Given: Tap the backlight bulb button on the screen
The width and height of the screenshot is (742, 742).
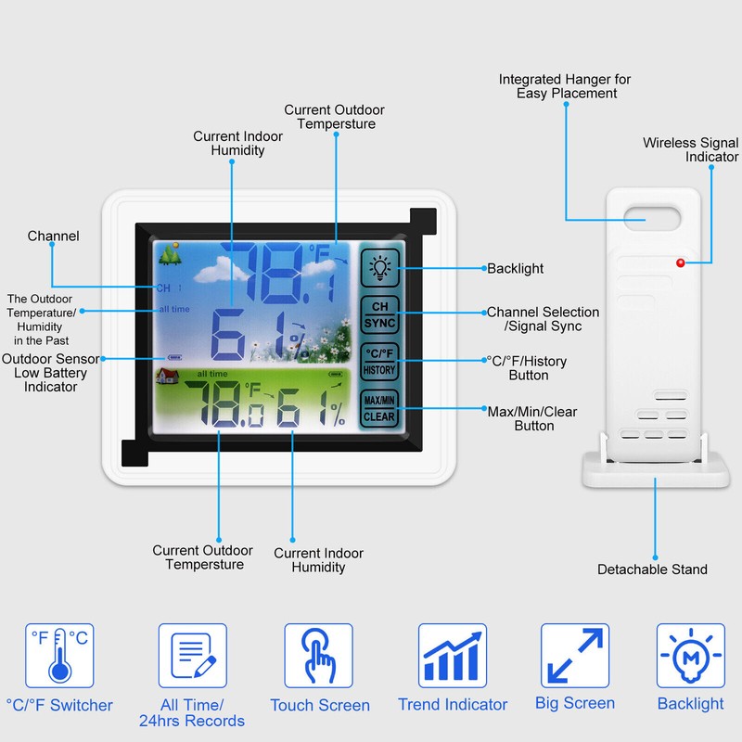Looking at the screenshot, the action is [379, 268].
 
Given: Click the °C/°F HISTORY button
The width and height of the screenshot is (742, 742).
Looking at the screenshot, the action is [379, 362].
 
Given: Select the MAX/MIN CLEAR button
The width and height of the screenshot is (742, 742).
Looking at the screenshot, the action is [379, 408].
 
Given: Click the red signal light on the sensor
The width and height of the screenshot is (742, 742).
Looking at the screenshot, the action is [681, 263].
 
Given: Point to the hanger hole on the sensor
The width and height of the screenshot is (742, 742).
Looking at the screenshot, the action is [652, 219].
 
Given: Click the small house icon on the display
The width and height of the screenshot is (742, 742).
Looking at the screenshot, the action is [168, 377].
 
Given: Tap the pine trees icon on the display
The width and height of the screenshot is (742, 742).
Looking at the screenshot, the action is [170, 253].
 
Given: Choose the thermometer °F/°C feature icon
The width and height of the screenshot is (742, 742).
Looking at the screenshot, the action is [59, 656].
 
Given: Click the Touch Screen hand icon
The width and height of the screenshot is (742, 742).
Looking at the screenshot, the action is [318, 656].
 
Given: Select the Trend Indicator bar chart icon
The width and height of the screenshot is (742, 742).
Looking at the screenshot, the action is [453, 656].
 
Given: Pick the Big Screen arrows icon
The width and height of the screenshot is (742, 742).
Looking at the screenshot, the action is [575, 656].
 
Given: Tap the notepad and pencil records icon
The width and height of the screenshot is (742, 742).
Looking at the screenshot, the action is [193, 656].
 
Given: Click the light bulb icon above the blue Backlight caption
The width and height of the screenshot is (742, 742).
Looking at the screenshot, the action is [691, 656].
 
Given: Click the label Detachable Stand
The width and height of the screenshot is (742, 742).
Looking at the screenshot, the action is [652, 569].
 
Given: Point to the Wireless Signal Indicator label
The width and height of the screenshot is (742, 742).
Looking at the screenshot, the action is [690, 149].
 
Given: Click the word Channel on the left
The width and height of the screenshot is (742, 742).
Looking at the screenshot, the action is [53, 236].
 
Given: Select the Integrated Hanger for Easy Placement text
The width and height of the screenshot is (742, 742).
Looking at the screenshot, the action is [565, 86].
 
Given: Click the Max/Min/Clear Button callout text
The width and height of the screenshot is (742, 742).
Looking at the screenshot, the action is [532, 419].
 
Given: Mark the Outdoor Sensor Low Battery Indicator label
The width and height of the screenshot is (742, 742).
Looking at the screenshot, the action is [51, 373].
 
